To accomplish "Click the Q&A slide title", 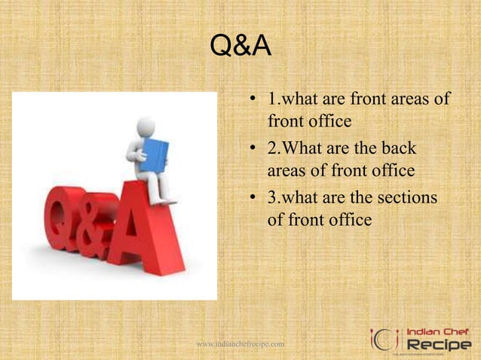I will (240, 50).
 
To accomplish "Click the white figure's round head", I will (146, 126).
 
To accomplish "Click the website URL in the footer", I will (240, 344).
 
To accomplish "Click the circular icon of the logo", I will (384, 339).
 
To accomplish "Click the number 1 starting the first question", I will (271, 99).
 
